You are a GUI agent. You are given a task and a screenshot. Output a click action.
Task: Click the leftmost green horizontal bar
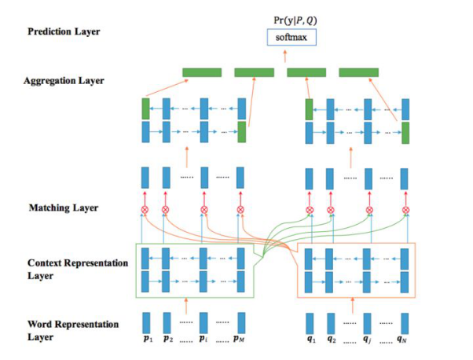[202, 73]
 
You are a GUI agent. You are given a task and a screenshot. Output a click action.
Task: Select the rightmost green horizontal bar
[358, 73]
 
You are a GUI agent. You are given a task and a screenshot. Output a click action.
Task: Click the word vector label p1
[145, 341]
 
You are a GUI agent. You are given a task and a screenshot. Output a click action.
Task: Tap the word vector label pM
[240, 341]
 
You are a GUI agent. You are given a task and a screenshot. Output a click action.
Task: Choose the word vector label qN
[405, 341]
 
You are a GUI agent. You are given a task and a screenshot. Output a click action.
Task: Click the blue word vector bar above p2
[167, 322]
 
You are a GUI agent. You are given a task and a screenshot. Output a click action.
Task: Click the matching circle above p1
[145, 210]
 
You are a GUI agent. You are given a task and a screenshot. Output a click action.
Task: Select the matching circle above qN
[405, 210]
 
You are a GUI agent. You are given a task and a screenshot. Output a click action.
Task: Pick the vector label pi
[204, 341]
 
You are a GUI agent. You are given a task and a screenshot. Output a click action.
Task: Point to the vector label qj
[368, 341]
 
